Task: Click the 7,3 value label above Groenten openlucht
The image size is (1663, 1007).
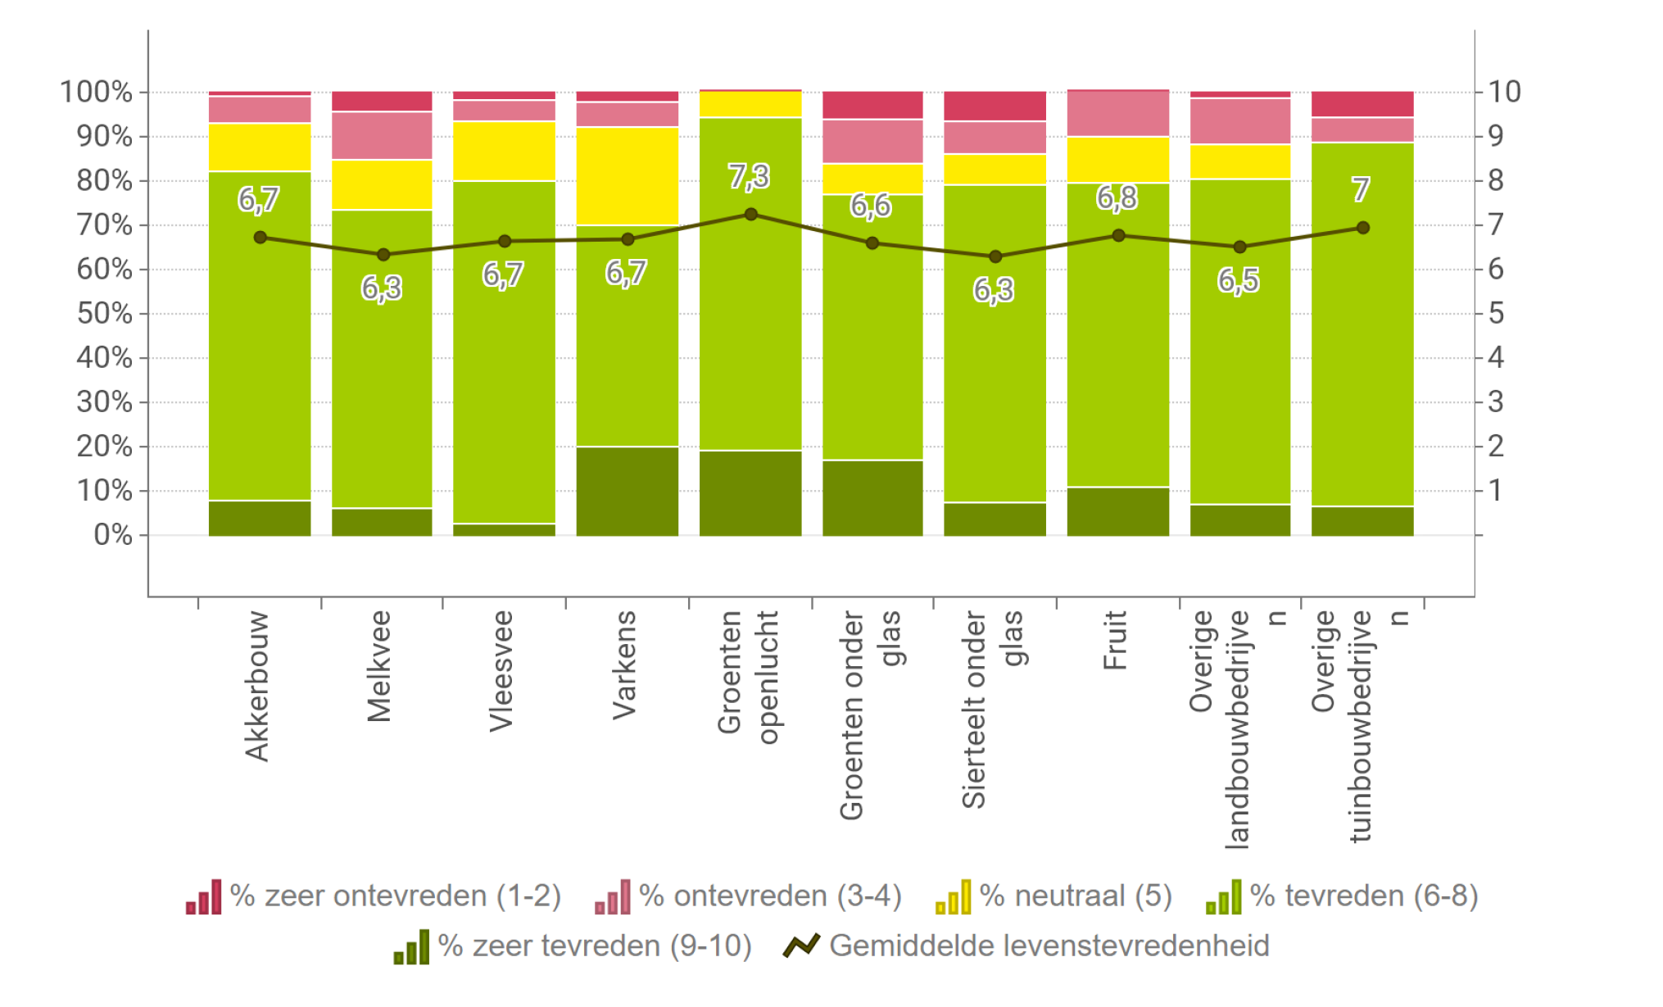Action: [749, 177]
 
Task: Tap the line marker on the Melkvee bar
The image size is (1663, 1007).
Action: [383, 255]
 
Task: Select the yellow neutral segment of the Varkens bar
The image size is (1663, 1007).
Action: [628, 175]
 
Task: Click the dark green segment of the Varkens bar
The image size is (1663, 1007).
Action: [628, 491]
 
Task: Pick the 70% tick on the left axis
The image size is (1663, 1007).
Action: [104, 225]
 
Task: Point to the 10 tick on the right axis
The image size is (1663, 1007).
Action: [1504, 92]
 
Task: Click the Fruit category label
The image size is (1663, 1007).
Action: [1115, 640]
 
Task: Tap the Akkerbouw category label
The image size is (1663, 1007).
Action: [256, 687]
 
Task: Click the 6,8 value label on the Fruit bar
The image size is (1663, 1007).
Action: [1117, 197]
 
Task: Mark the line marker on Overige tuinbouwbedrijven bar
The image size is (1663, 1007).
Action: [1362, 228]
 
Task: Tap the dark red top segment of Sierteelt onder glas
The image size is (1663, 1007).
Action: [995, 106]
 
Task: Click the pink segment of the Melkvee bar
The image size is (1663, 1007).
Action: [383, 135]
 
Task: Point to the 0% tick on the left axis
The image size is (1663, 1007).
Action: [112, 535]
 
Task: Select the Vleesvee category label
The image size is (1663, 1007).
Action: [501, 671]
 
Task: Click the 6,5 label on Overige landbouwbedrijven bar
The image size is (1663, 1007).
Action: [1238, 281]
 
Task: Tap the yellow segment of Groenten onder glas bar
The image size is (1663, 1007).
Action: [872, 179]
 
